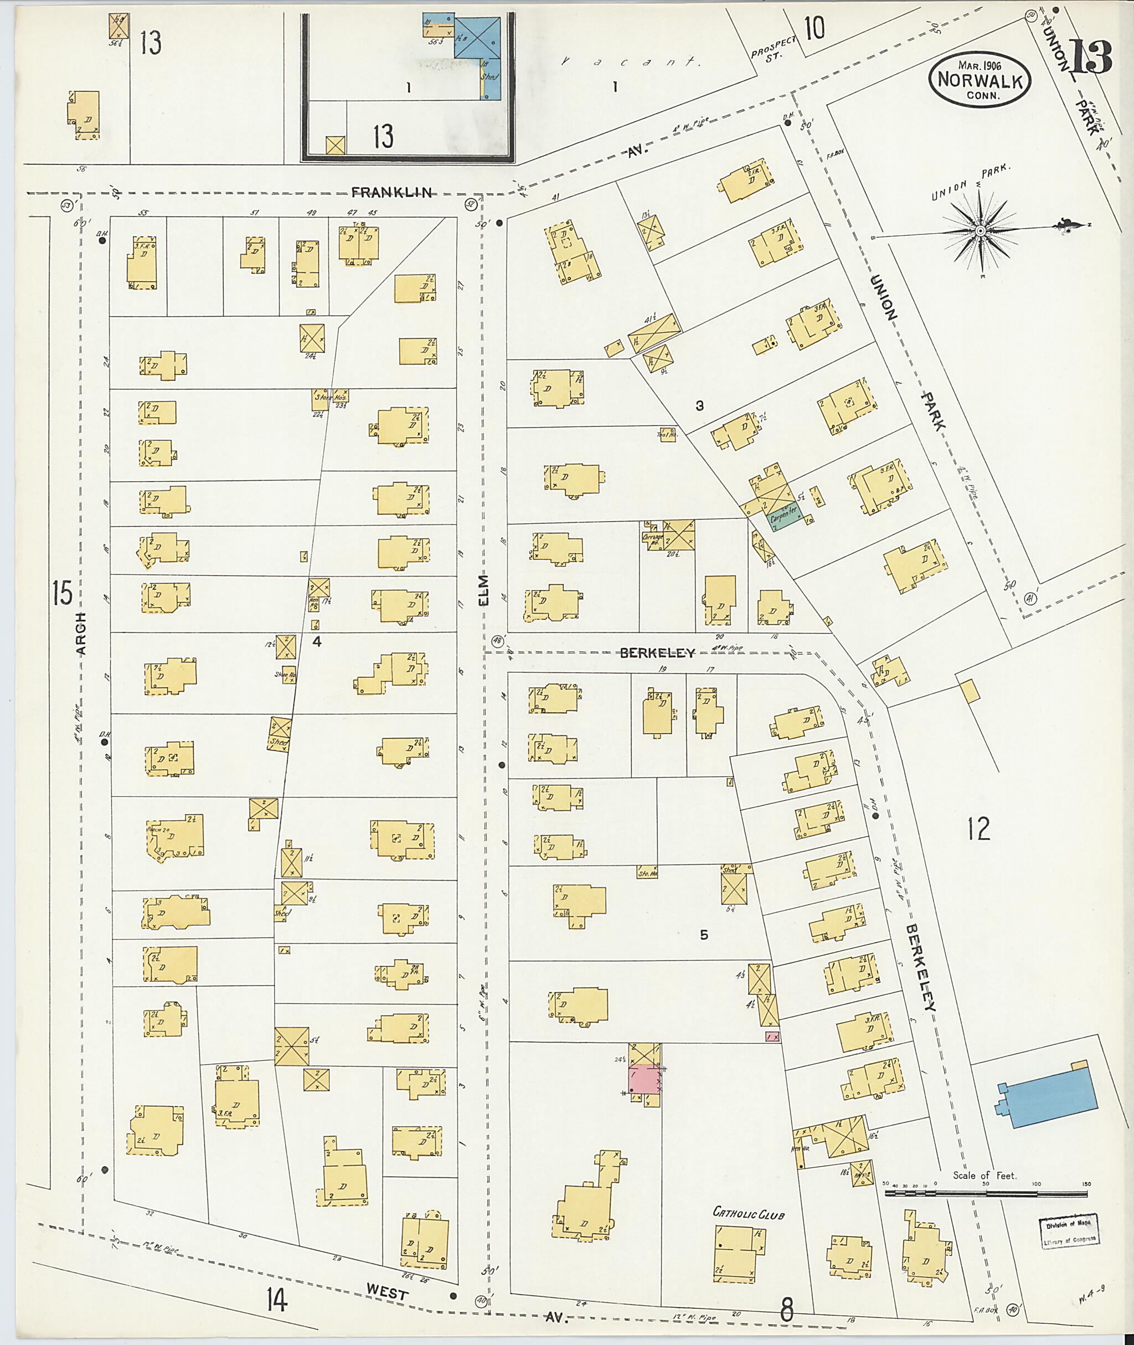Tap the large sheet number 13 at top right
point(1090,56)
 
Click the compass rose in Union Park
point(981,230)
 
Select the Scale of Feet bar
point(987,1193)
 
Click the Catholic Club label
point(749,1213)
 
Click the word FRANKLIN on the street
point(391,192)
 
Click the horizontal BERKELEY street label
point(657,653)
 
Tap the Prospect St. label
point(774,48)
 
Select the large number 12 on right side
point(978,829)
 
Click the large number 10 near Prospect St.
point(814,29)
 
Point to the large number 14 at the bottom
point(275,1302)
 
